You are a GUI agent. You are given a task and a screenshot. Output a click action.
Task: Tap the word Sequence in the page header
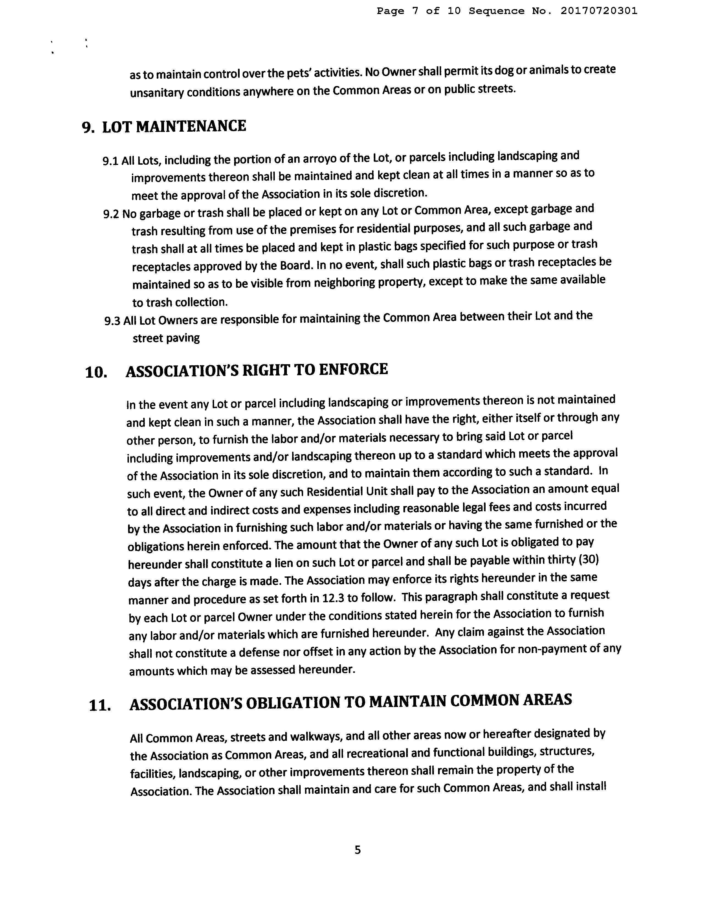497,11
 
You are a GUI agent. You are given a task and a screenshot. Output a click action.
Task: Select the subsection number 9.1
110,161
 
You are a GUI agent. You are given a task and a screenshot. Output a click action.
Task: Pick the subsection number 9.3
112,321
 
